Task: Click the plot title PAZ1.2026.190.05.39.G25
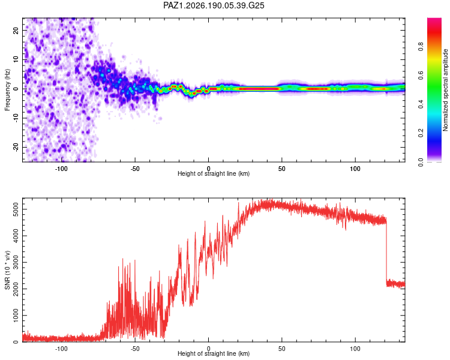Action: [x=214, y=5]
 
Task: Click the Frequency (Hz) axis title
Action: [x=7, y=90]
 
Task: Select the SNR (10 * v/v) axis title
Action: [x=7, y=270]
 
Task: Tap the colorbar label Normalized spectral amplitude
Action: [x=445, y=90]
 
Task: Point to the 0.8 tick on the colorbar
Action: [x=421, y=46]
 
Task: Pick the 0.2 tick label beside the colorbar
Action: [x=421, y=133]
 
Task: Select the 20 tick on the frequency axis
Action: [x=16, y=30]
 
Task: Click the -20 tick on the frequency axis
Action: [x=16, y=147]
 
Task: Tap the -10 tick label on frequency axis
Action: [x=16, y=118]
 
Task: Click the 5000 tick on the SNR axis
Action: [x=16, y=209]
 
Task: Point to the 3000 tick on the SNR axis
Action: [x=16, y=262]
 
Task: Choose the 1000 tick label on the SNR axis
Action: [x=16, y=316]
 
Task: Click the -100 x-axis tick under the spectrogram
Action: [x=61, y=169]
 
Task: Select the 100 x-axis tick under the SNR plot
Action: [x=355, y=349]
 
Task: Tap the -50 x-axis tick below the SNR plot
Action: [x=134, y=349]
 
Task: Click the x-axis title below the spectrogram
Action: [x=214, y=173]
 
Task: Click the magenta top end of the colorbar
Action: [x=434, y=20]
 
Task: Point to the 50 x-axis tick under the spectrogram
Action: [x=282, y=169]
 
